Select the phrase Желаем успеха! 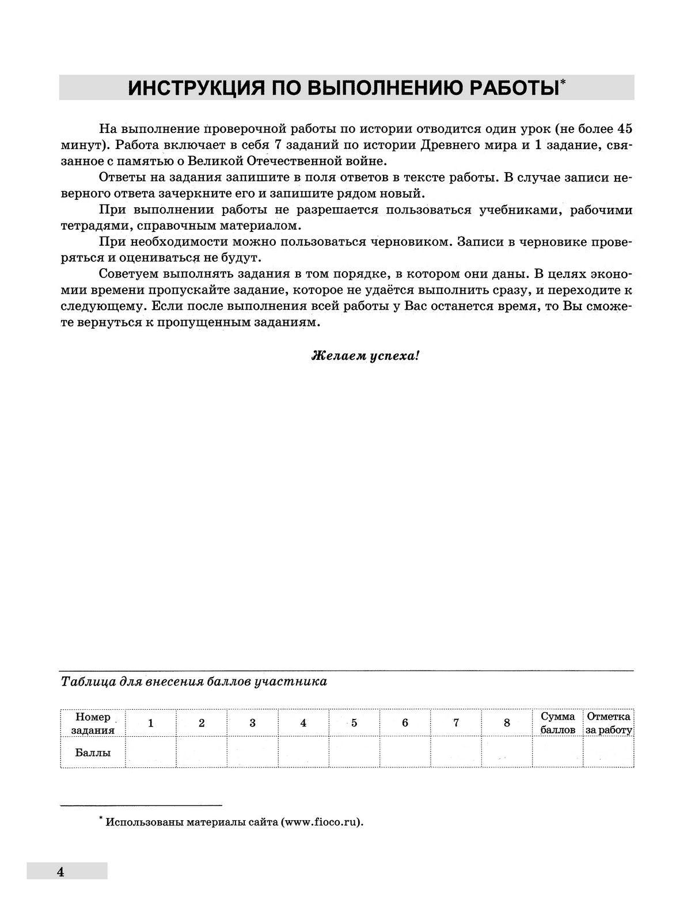[365, 356]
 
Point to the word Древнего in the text [446, 145]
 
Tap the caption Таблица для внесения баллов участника [194, 682]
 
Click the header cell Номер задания [93, 723]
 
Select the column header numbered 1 [151, 723]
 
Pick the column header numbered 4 [303, 723]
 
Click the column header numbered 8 [507, 723]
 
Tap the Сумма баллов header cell [557, 723]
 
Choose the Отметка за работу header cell [609, 723]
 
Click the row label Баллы [93, 752]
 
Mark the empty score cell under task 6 [405, 752]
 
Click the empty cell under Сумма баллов [557, 752]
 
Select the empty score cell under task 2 [202, 752]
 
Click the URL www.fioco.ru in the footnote [320, 823]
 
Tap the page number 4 [60, 871]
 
